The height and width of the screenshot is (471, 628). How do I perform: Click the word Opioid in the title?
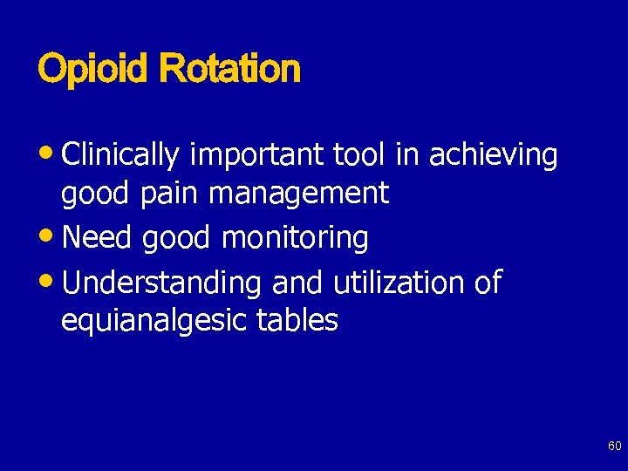pos(94,69)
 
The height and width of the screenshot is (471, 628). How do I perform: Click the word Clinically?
pos(121,155)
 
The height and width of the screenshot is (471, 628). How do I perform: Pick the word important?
pos(257,155)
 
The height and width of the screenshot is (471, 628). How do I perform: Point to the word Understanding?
pos(162,283)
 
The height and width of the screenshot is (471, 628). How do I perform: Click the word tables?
pos(297,320)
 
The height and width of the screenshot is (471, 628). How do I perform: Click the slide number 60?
pos(614,447)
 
